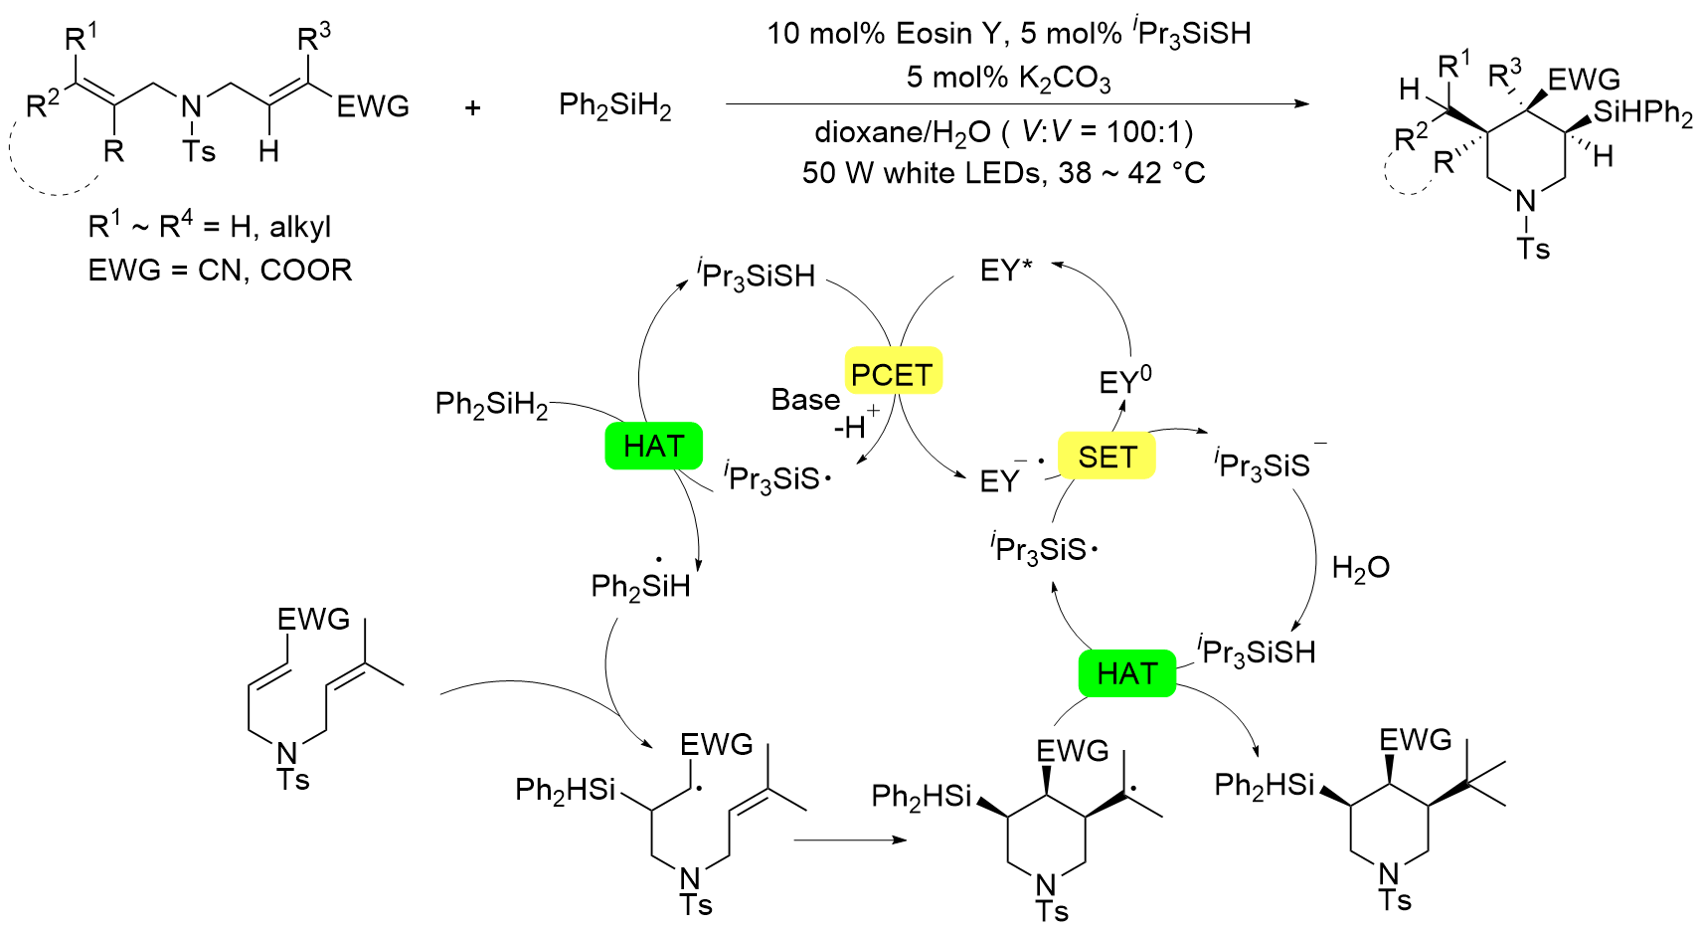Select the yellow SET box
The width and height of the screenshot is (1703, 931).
1107,457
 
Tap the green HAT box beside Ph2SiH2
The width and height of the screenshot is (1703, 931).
653,446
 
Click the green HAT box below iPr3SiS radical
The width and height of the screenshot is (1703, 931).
1126,673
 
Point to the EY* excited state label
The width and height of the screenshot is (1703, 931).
1006,271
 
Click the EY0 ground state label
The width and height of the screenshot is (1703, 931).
1124,382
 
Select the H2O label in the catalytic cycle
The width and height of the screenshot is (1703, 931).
1360,568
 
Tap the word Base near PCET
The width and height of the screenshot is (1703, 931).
805,400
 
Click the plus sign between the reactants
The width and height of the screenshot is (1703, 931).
473,106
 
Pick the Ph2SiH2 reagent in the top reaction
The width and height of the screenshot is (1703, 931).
614,105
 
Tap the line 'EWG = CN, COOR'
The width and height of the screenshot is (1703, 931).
220,271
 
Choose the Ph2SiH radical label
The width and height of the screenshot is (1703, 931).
640,585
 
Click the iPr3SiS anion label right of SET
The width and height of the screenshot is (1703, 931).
1265,464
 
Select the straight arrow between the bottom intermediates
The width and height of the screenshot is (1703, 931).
850,840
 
